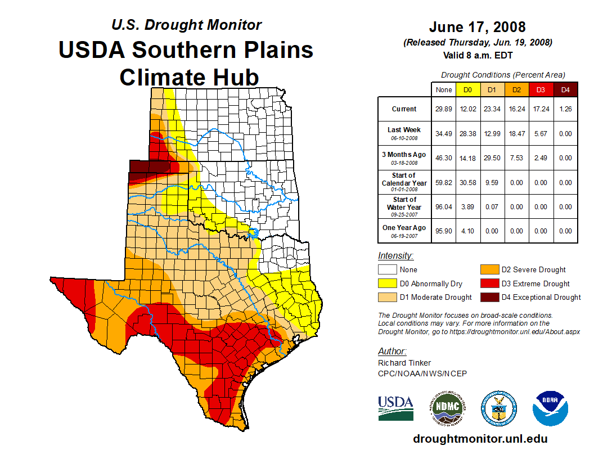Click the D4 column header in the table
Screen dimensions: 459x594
tap(565, 89)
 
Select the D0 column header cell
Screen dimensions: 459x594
tap(468, 89)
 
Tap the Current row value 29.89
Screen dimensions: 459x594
tap(444, 109)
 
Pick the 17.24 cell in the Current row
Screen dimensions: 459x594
tap(541, 109)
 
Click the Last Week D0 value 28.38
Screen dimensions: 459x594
tap(468, 133)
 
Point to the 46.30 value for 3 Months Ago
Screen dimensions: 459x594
tap(444, 158)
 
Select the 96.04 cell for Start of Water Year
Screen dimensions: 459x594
tap(444, 206)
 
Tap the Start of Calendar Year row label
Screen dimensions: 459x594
tap(404, 182)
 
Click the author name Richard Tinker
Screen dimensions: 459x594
tap(404, 363)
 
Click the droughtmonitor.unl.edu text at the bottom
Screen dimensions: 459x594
tap(480, 439)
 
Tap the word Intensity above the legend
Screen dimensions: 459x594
tap(395, 256)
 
